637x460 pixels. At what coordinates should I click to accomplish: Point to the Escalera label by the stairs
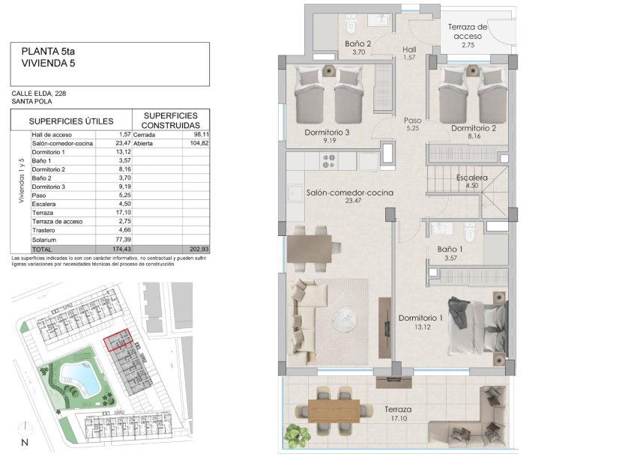point(472,178)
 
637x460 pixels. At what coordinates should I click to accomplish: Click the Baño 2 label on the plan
point(358,43)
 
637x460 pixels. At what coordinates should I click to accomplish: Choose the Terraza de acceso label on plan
point(468,31)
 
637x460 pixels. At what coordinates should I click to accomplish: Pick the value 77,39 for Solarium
point(123,239)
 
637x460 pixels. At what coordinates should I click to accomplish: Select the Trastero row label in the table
point(43,230)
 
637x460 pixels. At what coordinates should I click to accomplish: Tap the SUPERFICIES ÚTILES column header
point(70,121)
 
